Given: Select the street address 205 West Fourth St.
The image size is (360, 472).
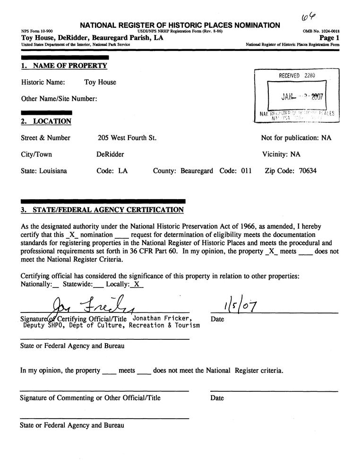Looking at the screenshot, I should (127, 138).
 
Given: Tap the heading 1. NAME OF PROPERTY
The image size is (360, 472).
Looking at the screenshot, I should (64, 66).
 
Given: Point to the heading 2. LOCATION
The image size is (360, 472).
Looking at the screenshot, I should (46, 121).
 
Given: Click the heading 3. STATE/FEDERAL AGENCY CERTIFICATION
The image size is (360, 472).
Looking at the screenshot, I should (103, 210).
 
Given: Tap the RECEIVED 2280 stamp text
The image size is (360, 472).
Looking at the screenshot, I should (297, 75).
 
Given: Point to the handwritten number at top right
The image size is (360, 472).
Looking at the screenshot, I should (308, 17).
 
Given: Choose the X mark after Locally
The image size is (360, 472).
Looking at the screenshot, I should (136, 284).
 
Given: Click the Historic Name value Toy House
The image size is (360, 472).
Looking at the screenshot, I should (100, 82).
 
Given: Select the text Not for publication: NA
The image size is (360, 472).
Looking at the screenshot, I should (296, 138).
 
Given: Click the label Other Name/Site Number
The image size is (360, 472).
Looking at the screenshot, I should (59, 99).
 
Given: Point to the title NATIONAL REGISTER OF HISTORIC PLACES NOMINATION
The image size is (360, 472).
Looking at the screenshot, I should (180, 25).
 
